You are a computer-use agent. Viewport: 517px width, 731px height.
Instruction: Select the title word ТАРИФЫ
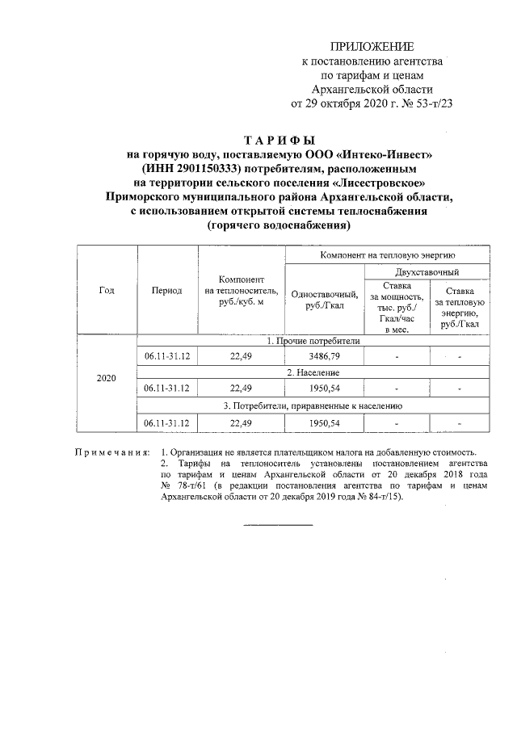(277, 140)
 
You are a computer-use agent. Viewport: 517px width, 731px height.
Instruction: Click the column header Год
(107, 290)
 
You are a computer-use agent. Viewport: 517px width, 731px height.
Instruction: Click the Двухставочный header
(427, 272)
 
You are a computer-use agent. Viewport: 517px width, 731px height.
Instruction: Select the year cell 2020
(107, 378)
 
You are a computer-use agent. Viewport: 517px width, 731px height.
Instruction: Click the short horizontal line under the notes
(277, 526)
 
